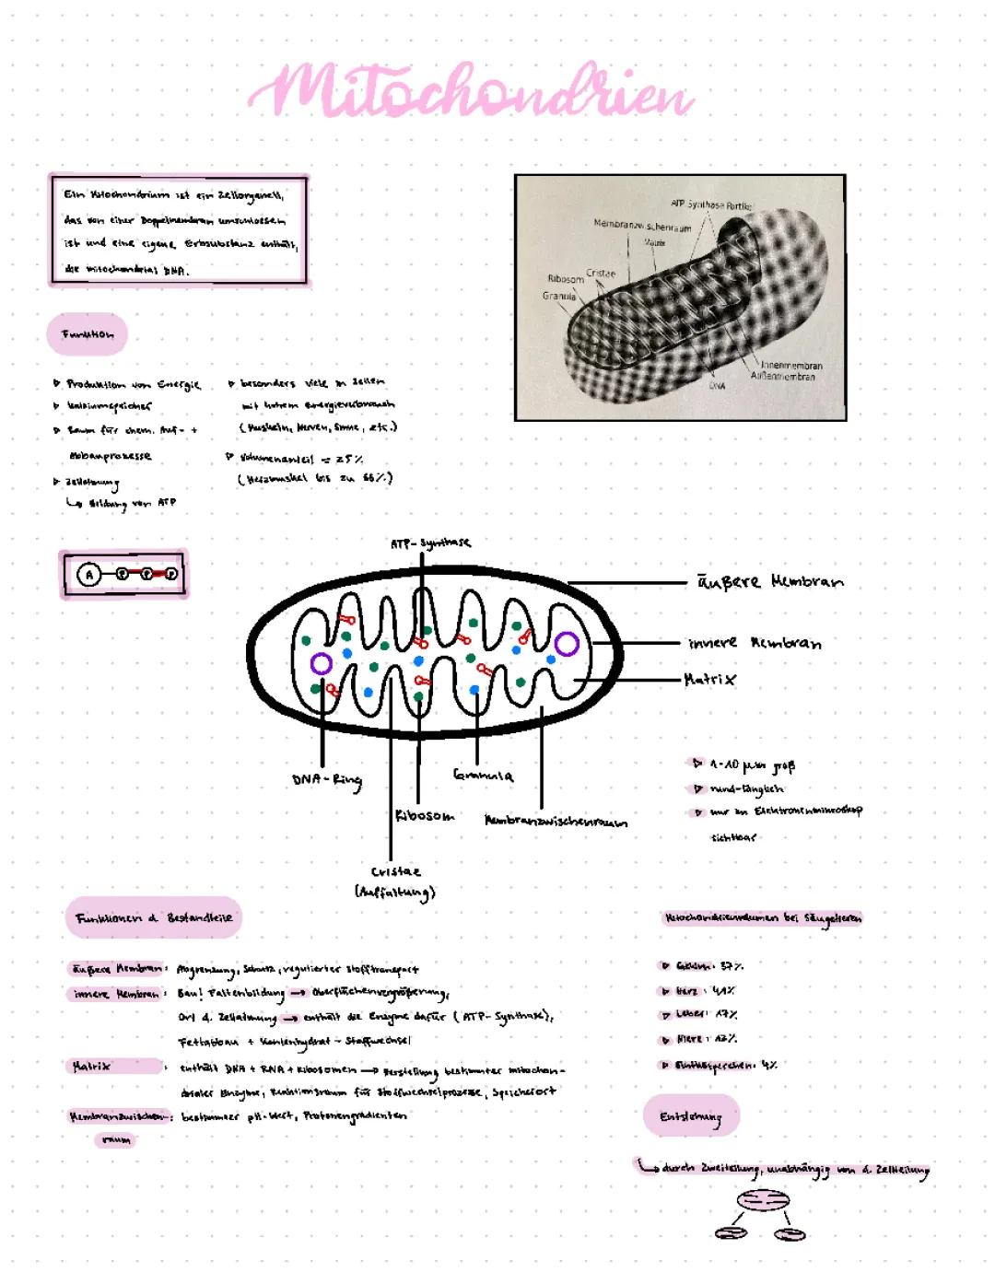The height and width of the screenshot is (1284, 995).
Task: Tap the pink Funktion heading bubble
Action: tap(88, 334)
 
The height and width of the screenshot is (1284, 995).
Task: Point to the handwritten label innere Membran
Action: tap(755, 643)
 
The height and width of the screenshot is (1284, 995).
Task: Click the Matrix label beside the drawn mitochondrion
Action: tap(710, 680)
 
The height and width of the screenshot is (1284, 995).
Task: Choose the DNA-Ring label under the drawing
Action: tap(327, 780)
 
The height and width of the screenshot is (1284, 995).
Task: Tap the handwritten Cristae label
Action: tap(395, 871)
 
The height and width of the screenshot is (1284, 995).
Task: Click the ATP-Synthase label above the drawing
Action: tap(430, 543)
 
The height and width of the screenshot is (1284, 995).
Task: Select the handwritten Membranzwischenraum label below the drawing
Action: tap(556, 821)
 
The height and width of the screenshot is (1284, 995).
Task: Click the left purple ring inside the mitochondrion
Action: tap(322, 663)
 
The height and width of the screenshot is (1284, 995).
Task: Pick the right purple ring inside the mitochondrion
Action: tap(567, 644)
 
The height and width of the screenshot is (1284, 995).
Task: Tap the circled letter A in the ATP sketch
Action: tap(89, 575)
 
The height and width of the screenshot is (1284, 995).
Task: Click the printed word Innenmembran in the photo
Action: tap(791, 366)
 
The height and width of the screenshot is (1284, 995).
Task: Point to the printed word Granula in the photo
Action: tap(559, 297)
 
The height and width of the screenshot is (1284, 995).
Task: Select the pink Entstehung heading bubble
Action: tap(691, 1116)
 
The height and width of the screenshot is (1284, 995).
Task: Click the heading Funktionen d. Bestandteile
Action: tap(154, 918)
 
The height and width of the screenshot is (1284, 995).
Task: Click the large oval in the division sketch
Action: tap(763, 1201)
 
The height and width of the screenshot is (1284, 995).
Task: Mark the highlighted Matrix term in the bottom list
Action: tap(92, 1067)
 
